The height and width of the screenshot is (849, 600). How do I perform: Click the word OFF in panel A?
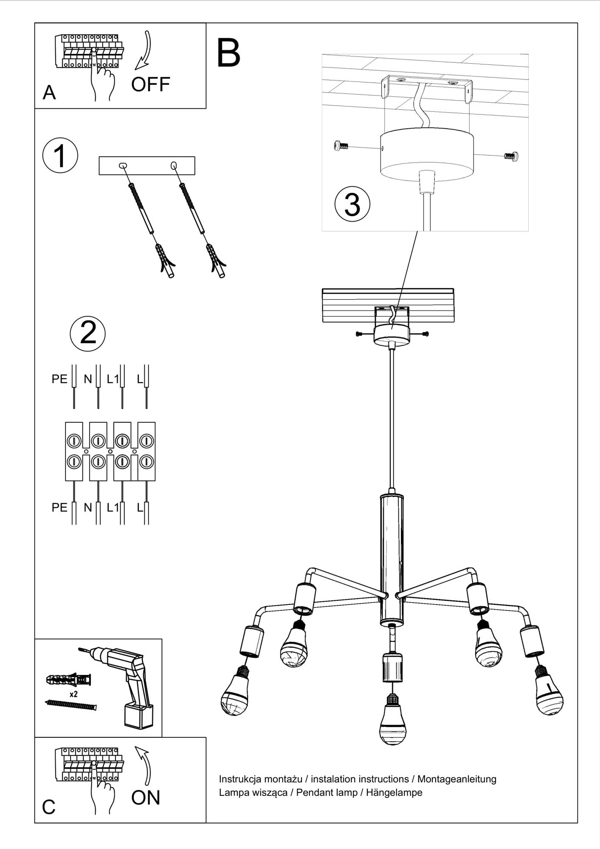tap(150, 84)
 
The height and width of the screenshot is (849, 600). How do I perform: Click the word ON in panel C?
tap(146, 798)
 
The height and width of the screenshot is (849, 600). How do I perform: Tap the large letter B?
tap(228, 53)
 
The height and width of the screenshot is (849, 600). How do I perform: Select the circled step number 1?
tap(60, 155)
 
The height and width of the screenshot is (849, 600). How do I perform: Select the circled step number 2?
tap(87, 333)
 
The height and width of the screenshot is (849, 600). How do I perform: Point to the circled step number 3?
tap(352, 205)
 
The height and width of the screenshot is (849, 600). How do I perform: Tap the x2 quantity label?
tap(73, 694)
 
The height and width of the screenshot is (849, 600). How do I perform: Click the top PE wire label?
tap(59, 379)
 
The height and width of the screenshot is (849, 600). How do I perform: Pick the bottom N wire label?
tap(88, 507)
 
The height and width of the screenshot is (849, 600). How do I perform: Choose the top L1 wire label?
tap(113, 379)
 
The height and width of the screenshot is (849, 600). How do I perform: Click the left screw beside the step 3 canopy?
tap(341, 146)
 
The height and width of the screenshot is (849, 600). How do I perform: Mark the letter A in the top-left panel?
tap(49, 92)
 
